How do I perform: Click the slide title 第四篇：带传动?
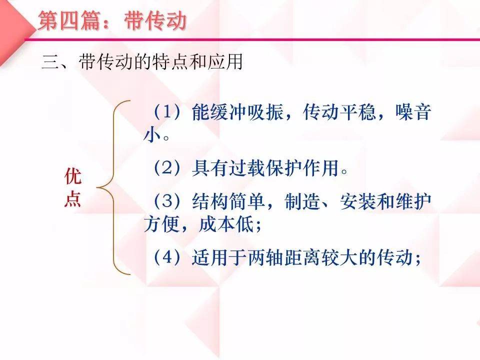pyautogui.click(x=112, y=21)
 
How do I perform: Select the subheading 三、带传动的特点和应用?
pyautogui.click(x=142, y=61)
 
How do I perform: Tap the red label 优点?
pyautogui.click(x=73, y=187)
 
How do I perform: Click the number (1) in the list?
pyautogui.click(x=167, y=111)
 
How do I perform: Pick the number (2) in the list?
pyautogui.click(x=167, y=168)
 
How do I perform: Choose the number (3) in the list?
pyautogui.click(x=167, y=201)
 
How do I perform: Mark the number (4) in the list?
pyautogui.click(x=167, y=257)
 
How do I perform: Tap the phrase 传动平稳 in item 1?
pyautogui.click(x=339, y=111)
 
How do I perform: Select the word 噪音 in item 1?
pyautogui.click(x=413, y=111)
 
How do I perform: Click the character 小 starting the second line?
pyautogui.click(x=152, y=134)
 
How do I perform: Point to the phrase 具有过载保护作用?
pyautogui.click(x=265, y=168)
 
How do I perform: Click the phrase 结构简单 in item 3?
pyautogui.click(x=228, y=201)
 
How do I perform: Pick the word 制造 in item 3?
pyautogui.click(x=302, y=201)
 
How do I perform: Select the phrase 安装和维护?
pyautogui.click(x=385, y=201)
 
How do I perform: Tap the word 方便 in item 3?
pyautogui.click(x=161, y=224)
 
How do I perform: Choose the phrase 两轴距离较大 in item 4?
pyautogui.click(x=302, y=257)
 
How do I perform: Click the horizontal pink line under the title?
pyautogui.click(x=252, y=39)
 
